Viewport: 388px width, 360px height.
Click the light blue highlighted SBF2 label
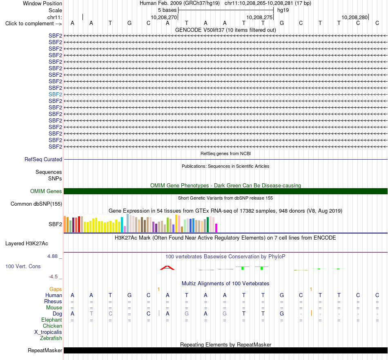tap(56, 94)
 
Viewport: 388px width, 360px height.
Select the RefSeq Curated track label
tap(43, 160)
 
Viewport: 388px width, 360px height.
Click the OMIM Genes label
tap(46, 191)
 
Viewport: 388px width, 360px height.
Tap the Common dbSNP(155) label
tap(36, 204)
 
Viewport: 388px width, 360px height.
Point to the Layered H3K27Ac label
tap(27, 244)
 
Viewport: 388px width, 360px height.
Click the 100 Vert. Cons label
tap(23, 266)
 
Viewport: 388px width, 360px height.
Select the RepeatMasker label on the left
tap(45, 350)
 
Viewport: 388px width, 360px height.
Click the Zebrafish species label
tap(51, 338)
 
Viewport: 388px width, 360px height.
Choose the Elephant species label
tap(52, 320)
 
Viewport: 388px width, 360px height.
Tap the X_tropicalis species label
tap(48, 332)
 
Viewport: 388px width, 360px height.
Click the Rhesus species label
tap(53, 301)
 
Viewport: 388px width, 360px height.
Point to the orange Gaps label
tap(56, 289)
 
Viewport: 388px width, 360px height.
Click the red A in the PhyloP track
tap(167, 268)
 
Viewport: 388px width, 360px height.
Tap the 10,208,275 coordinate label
tap(259, 17)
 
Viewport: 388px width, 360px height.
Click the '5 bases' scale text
tap(167, 10)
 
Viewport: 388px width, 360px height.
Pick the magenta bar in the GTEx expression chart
tap(216, 228)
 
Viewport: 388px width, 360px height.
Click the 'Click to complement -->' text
tap(33, 24)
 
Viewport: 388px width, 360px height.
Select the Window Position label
tap(42, 3)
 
